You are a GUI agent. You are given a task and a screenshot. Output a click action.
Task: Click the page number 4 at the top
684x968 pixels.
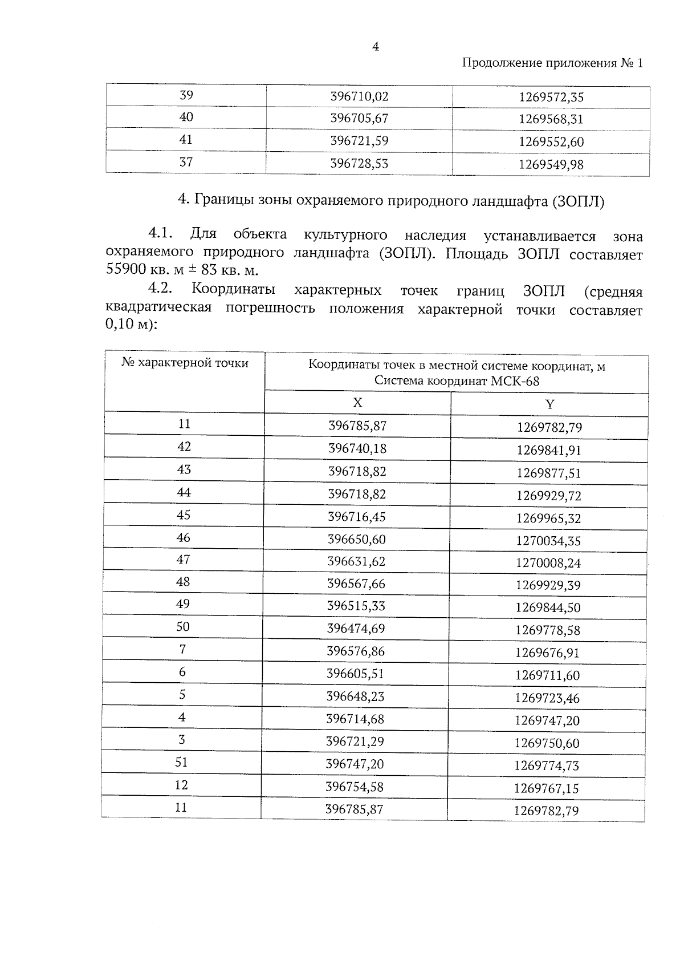(x=376, y=47)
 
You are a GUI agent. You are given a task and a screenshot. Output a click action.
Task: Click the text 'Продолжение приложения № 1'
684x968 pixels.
(x=552, y=63)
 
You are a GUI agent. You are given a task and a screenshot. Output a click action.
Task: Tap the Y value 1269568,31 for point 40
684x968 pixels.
(x=551, y=120)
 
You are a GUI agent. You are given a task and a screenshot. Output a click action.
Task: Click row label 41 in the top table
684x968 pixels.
(x=186, y=140)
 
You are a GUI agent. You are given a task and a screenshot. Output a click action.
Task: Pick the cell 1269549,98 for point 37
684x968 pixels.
(x=551, y=165)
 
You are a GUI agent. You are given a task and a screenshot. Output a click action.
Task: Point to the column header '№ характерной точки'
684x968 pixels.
(x=185, y=363)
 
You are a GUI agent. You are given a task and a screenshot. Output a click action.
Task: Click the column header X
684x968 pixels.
(x=357, y=403)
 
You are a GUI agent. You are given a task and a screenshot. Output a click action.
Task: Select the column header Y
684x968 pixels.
(x=549, y=404)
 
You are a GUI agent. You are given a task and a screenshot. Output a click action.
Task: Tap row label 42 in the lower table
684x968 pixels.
(x=184, y=447)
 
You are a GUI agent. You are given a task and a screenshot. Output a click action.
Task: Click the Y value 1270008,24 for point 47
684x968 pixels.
(x=548, y=564)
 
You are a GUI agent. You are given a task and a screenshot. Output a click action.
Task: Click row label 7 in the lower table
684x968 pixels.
(x=182, y=650)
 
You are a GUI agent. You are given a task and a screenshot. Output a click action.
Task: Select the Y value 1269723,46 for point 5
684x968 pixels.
(x=547, y=698)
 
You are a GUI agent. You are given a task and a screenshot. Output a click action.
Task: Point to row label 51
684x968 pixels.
(x=181, y=763)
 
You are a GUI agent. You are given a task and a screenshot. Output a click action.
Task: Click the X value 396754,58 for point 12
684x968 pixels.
(x=355, y=787)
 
